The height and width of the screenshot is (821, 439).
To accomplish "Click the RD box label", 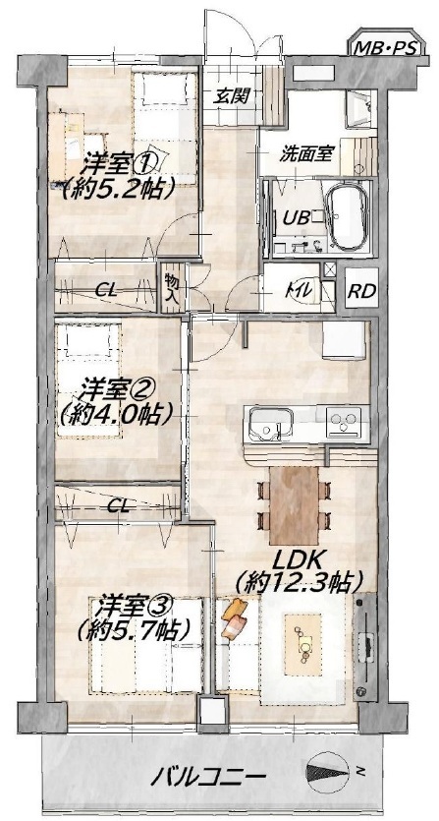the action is [362, 291].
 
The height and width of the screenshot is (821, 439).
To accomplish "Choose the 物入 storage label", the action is [171, 288].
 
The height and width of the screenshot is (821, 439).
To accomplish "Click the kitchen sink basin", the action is [270, 424].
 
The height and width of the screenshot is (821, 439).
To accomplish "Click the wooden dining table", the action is [294, 505].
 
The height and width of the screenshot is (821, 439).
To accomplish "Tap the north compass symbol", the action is [330, 771].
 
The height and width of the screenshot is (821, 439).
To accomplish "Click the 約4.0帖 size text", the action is [116, 415].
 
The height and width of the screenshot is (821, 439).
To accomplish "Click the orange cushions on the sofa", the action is [235, 618].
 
